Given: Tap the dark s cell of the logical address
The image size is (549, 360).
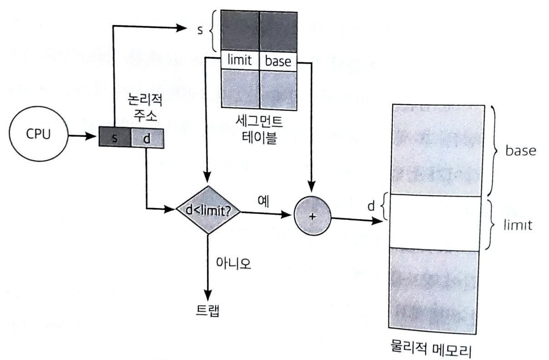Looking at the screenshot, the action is [115, 138].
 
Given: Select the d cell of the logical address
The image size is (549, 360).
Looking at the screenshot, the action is [146, 138].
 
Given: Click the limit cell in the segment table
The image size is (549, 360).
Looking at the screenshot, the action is [240, 61].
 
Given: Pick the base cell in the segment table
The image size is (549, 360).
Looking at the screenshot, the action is [277, 61].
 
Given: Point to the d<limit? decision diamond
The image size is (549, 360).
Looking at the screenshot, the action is [208, 210].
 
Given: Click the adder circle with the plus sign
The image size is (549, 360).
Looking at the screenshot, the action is [312, 217].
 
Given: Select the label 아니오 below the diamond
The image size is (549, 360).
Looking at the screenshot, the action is [232, 263].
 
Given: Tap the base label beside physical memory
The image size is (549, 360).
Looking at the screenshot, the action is [520, 151].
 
